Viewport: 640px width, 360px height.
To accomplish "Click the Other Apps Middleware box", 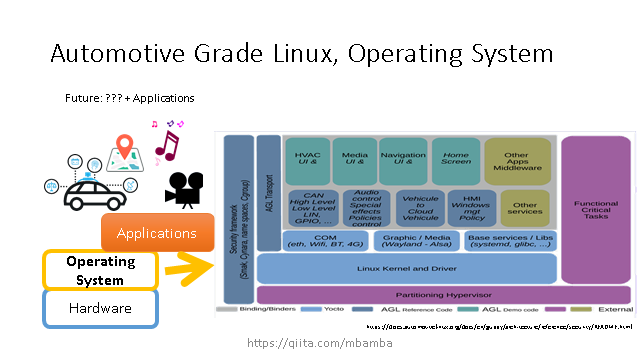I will click(517, 161).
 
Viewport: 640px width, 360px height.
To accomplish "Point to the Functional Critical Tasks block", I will click(595, 210).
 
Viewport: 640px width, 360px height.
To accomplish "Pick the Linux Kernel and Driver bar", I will click(406, 268).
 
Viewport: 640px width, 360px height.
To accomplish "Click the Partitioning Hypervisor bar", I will click(443, 295).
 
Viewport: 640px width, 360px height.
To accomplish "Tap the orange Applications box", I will click(157, 233).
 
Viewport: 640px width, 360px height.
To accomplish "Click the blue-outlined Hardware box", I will click(99, 309).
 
